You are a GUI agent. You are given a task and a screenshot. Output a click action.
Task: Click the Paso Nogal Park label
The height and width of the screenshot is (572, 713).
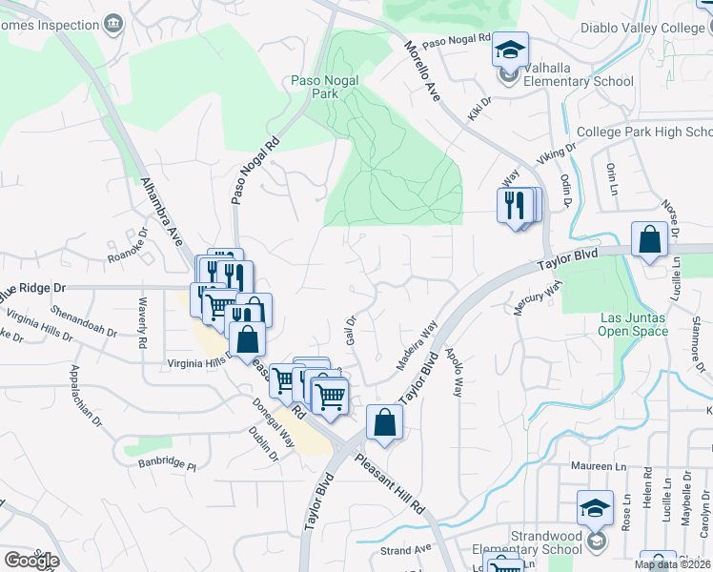(324, 88)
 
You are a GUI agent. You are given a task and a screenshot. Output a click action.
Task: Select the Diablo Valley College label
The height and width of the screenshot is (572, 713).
(647, 29)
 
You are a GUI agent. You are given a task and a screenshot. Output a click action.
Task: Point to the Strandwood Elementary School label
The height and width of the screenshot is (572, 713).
(533, 542)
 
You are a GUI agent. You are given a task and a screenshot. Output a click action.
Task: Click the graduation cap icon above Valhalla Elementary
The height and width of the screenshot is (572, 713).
(510, 49)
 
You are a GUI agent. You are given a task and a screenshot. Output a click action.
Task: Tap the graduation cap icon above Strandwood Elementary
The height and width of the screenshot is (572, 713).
(595, 509)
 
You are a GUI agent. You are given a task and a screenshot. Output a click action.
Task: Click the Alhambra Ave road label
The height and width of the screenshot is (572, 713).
(161, 211)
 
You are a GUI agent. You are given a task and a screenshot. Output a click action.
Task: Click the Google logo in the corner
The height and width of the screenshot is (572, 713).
(31, 561)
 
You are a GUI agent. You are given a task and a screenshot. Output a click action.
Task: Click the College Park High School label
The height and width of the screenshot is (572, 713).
(644, 133)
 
